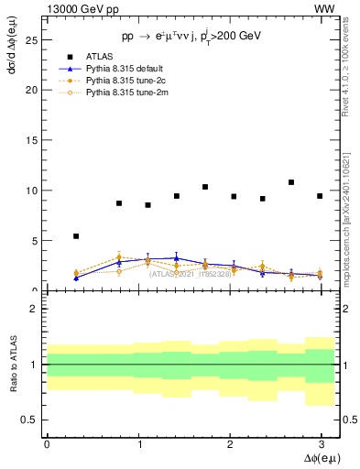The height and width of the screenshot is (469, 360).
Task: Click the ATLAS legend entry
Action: click(99, 57)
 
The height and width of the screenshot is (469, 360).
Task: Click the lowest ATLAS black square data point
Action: click(76, 236)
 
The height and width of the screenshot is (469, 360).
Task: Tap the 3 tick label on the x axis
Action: click(320, 443)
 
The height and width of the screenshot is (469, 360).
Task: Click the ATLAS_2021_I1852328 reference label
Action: click(191, 274)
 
